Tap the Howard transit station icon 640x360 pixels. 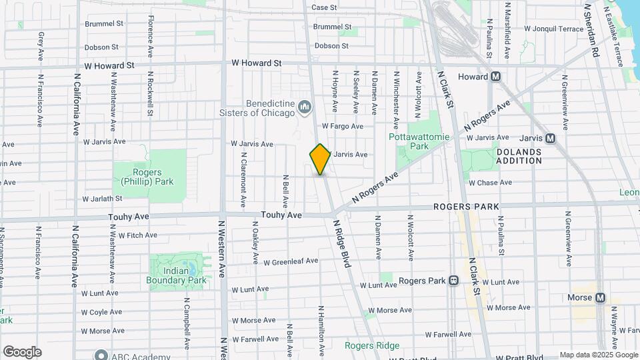pos(495,77)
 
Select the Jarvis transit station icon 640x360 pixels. pos(551,138)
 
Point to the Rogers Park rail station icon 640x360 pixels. pos(453,281)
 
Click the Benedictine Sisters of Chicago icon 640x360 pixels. pos(305,107)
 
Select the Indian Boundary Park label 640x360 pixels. pos(176,275)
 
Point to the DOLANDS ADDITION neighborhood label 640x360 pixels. pos(519,156)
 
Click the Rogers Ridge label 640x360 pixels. pos(372,345)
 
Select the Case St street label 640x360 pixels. pos(324,7)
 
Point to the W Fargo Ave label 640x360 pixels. pos(342,126)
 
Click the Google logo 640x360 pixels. pos(22,351)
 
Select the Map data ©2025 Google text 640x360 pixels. pos(598,355)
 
